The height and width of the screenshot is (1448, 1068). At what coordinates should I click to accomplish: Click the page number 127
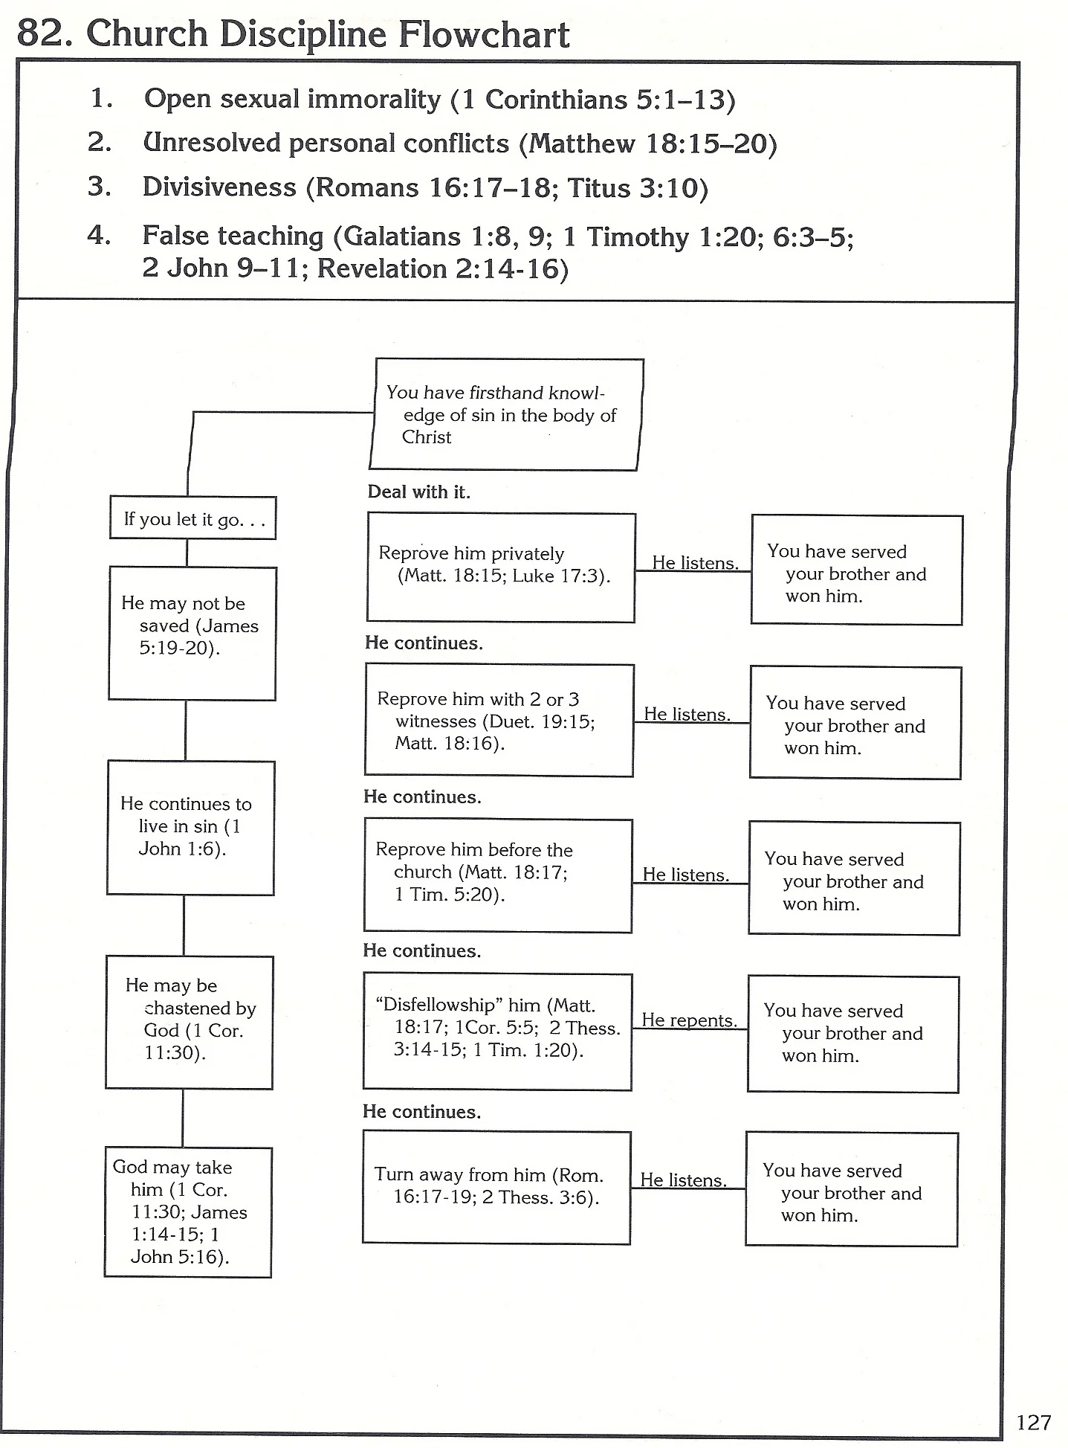click(1033, 1422)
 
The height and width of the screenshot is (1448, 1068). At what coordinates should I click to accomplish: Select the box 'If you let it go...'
click(193, 518)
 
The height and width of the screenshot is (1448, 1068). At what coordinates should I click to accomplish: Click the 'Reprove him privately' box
click(502, 567)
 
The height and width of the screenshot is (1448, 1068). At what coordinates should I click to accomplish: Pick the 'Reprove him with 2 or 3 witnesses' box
click(499, 720)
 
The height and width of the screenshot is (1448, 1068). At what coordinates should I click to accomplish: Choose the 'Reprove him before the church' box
click(498, 875)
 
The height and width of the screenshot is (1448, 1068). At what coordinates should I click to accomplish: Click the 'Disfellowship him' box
click(497, 1031)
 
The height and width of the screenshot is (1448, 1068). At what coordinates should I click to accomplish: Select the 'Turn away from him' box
click(496, 1187)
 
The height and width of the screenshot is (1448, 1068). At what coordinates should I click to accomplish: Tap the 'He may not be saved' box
click(192, 633)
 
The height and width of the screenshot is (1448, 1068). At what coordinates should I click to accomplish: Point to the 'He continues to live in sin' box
click(191, 827)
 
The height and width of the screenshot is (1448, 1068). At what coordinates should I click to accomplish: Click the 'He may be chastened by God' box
click(190, 1022)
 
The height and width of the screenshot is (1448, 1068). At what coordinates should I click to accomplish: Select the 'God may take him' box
click(188, 1212)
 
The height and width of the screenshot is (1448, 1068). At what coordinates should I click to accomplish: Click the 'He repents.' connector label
click(689, 1020)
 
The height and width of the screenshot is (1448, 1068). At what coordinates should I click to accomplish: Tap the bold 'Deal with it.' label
click(418, 492)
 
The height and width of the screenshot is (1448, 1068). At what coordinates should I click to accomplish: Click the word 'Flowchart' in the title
click(485, 35)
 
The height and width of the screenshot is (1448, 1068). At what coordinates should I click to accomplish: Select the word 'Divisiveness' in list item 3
click(219, 187)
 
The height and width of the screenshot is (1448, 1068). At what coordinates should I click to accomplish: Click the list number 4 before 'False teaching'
click(99, 235)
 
